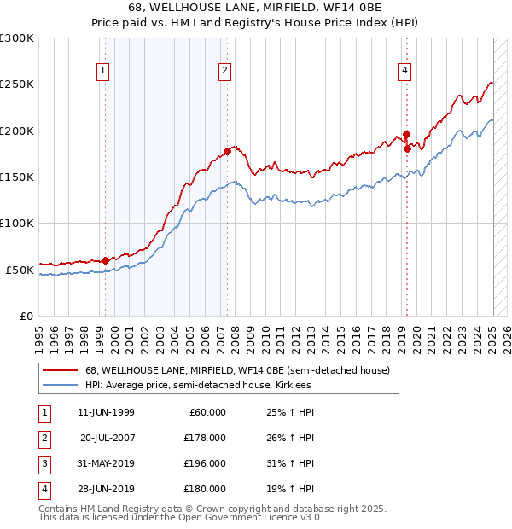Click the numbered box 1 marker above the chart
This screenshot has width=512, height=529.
tap(103, 71)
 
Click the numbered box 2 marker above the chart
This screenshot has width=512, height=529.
tap(224, 71)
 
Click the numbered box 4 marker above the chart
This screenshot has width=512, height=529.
tap(404, 71)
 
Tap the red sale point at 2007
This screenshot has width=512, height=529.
tap(227, 152)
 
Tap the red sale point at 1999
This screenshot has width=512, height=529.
tap(105, 260)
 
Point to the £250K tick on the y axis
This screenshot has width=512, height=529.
tap(18, 84)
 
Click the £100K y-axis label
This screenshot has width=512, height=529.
tap(18, 223)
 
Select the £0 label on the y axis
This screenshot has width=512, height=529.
tap(25, 316)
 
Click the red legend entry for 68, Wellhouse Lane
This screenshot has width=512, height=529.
tap(237, 370)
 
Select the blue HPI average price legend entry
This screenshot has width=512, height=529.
tap(198, 386)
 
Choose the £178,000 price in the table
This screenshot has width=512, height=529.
tap(206, 438)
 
